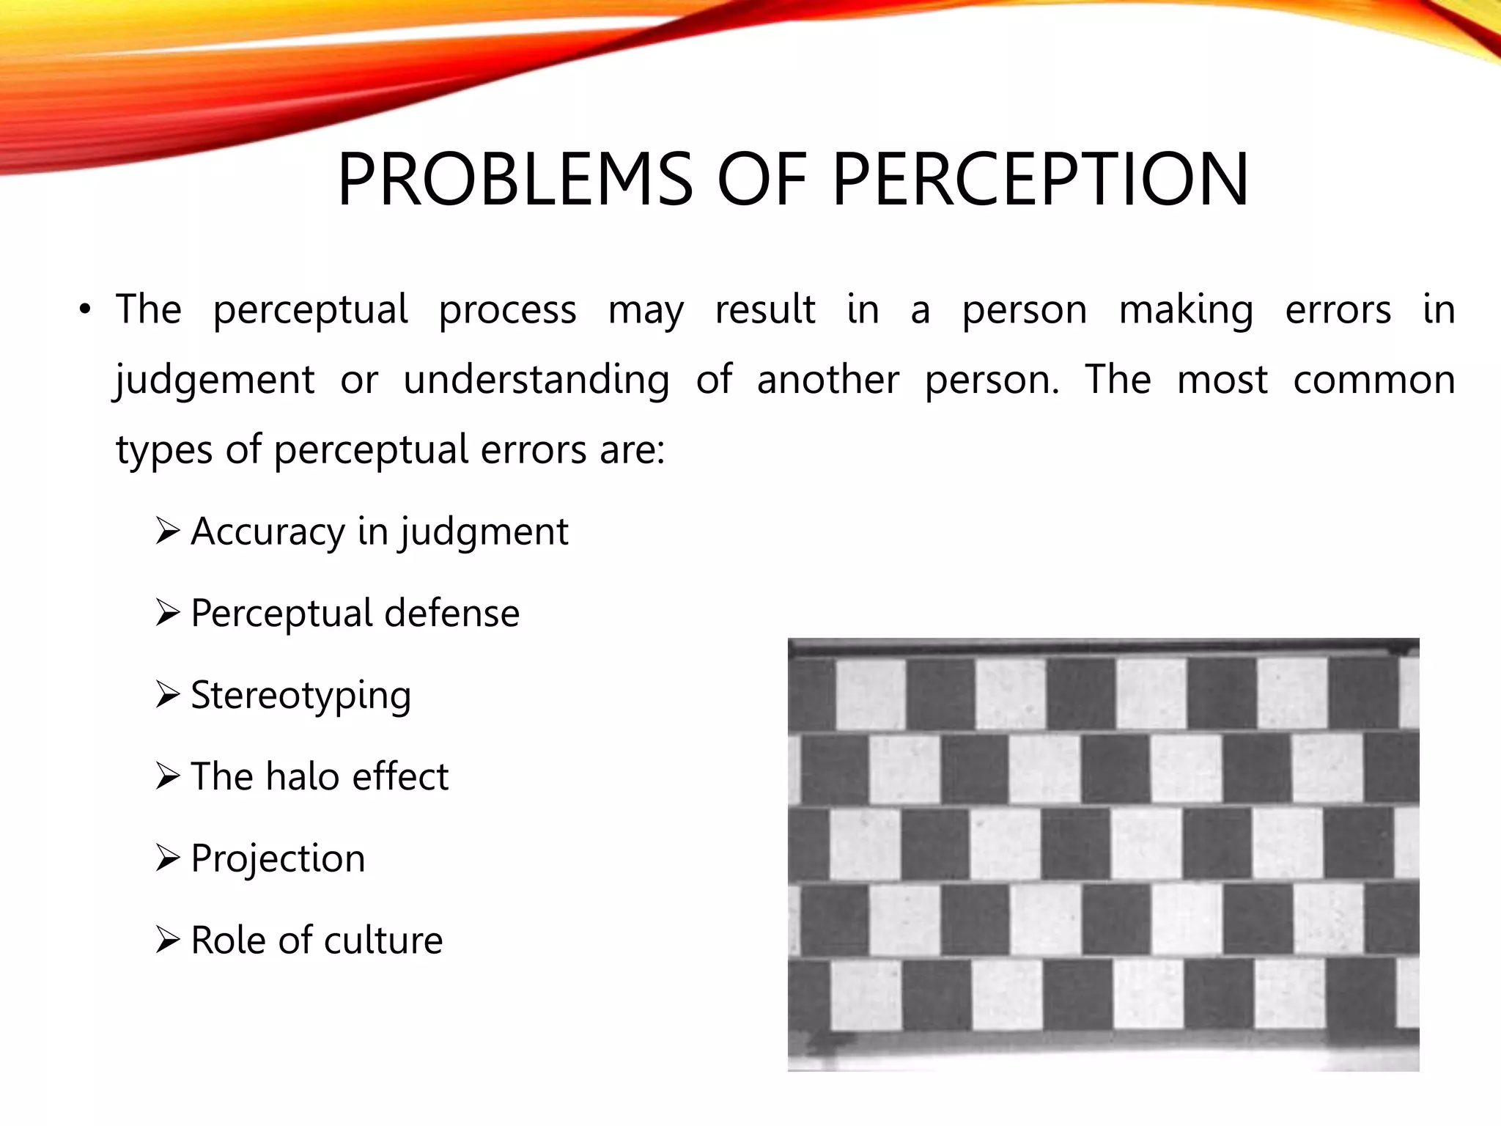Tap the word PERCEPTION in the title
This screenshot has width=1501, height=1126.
(x=1040, y=179)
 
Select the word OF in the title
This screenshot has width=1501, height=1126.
(x=761, y=179)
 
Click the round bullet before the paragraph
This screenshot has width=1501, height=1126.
(x=86, y=310)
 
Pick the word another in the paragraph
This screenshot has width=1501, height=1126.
(x=827, y=380)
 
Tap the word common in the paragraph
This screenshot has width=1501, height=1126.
(x=1373, y=380)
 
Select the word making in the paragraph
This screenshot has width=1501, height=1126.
(x=1186, y=310)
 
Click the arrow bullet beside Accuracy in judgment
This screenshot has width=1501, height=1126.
(x=168, y=531)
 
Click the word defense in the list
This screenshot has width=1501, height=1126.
(x=451, y=613)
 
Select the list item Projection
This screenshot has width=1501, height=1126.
(x=278, y=859)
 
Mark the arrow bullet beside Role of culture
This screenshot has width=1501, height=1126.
(x=168, y=940)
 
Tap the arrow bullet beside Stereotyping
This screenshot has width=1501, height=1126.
(x=168, y=694)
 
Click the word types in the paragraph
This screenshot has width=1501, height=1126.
(x=164, y=450)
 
